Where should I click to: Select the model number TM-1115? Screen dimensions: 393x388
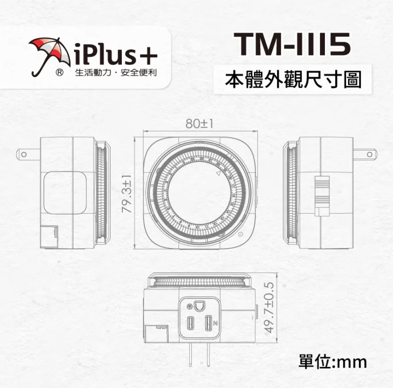click(x=292, y=44)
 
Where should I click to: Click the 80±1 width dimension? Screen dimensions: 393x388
click(x=199, y=123)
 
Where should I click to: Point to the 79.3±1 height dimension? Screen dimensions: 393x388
click(x=127, y=194)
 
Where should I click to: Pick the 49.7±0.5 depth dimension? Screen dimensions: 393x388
click(x=269, y=308)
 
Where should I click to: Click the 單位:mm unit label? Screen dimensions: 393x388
click(x=333, y=362)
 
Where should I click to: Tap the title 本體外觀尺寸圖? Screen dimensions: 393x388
click(x=293, y=79)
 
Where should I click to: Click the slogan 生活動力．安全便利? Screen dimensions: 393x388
click(x=116, y=73)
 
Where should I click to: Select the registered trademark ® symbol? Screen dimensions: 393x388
click(x=59, y=73)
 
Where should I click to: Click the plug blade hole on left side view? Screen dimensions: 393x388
click(x=24, y=154)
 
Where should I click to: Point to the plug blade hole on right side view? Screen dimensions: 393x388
click(x=369, y=154)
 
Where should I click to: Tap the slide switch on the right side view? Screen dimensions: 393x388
click(x=322, y=196)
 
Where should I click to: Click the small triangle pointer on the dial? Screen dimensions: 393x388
click(x=218, y=173)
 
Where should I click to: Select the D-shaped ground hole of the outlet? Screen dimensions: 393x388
click(x=199, y=306)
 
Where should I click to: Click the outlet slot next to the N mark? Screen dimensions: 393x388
click(x=208, y=323)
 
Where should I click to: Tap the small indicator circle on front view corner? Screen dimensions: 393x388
click(x=240, y=234)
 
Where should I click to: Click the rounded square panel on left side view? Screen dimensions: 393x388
click(x=65, y=193)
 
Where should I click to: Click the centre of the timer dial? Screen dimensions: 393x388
click(x=199, y=193)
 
